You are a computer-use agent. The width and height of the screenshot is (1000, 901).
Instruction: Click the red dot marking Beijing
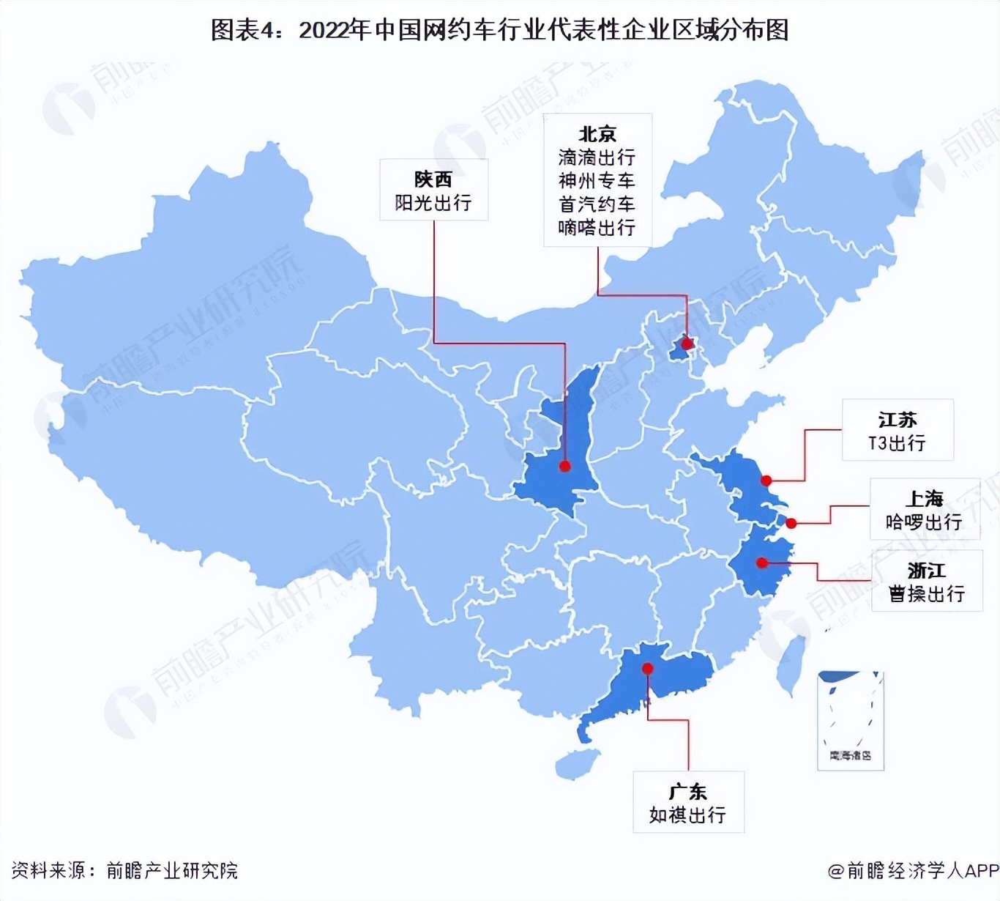pos(687,343)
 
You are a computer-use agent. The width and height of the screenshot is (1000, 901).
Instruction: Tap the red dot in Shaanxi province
pos(565,466)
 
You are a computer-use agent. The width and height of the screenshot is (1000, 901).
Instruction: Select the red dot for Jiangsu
pos(766,481)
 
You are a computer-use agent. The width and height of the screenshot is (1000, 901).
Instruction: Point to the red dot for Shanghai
pos(791,523)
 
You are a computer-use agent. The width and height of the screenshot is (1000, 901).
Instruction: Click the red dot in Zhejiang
pos(762,563)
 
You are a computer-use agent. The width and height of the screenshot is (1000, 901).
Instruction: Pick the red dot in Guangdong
pos(648,668)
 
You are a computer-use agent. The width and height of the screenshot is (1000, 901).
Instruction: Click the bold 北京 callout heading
pos(597,134)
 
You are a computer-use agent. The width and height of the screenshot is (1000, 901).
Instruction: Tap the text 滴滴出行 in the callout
pos(597,157)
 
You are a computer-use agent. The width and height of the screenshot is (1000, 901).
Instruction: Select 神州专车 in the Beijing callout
pos(597,181)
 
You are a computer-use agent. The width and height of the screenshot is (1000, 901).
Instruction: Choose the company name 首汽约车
pos(597,204)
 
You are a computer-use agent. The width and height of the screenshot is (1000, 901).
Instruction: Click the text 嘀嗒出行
pos(597,228)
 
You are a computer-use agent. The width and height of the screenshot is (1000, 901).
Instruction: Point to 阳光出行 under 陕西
pos(433,203)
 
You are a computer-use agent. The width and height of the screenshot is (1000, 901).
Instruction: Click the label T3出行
pos(897,443)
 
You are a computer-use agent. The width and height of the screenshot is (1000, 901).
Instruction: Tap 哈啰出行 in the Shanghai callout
pos(924,522)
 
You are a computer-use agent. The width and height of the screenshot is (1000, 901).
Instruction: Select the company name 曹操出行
pos(926,593)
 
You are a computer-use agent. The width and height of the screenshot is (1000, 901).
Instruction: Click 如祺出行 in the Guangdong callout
pos(687,815)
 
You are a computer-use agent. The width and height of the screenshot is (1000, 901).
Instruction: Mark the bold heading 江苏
pos(898,420)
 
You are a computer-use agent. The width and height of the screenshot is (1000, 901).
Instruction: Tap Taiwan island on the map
pos(792,664)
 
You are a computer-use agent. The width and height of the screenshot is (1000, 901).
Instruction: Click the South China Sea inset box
pos(851,720)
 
